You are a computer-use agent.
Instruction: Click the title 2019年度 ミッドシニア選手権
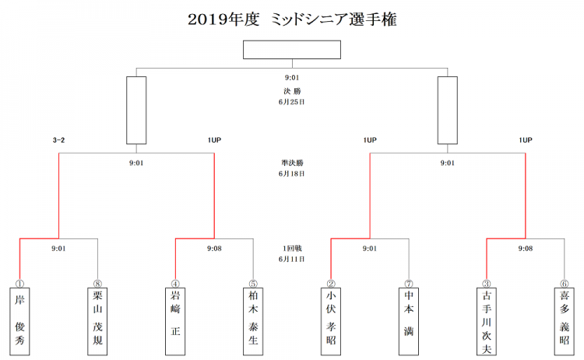tap(292, 19)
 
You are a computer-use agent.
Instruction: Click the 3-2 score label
tap(58, 140)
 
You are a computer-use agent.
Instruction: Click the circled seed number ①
tap(19, 284)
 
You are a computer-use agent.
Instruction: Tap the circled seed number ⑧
tap(97, 284)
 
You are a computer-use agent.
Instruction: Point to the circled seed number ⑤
tap(253, 284)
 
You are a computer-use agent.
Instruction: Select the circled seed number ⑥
tap(565, 284)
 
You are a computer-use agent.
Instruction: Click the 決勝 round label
tap(292, 91)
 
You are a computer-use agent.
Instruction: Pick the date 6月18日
tap(292, 174)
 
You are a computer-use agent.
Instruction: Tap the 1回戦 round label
tap(292, 249)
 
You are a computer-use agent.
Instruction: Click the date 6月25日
tap(292, 102)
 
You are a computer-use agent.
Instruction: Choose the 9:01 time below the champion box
tap(292, 77)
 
